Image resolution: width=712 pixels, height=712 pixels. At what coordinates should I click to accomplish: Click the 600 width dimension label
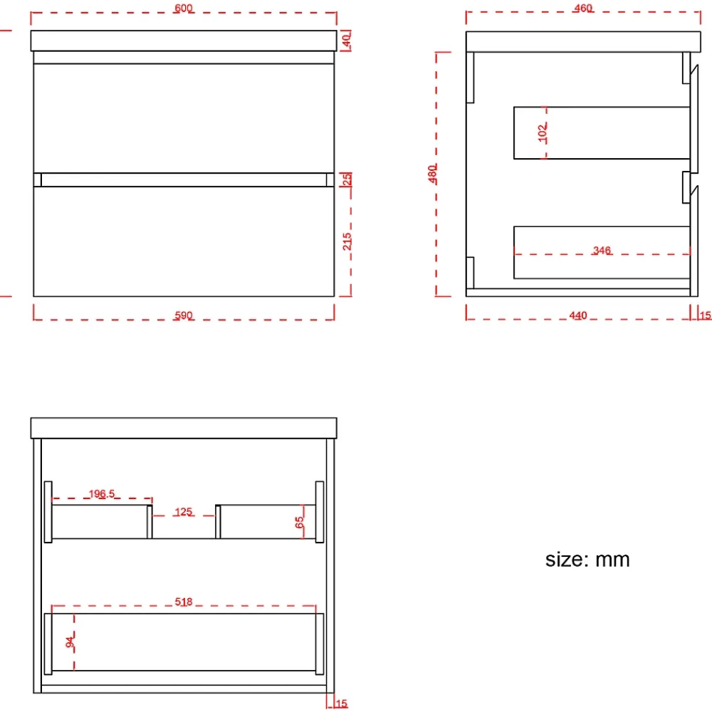[184, 8]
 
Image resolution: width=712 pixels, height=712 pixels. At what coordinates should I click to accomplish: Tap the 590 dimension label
[184, 315]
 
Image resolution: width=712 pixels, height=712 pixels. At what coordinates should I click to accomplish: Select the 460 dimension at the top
[583, 8]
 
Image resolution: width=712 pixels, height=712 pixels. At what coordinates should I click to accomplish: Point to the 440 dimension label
[578, 315]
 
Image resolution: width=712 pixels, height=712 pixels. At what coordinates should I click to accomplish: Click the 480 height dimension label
[432, 174]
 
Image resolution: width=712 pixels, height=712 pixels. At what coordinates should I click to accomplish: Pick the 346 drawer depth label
[602, 250]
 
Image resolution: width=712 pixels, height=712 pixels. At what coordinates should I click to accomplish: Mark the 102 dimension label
[542, 133]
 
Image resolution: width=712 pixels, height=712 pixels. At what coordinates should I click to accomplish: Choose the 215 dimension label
[347, 241]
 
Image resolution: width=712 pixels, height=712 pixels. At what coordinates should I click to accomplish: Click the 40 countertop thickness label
[346, 41]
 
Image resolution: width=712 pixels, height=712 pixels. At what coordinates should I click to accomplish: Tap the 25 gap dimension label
[347, 179]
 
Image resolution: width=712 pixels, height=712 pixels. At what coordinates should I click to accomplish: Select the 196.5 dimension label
[102, 493]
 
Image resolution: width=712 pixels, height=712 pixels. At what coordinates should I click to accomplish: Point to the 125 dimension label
[184, 512]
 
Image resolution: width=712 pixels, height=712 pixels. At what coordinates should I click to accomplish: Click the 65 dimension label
[299, 522]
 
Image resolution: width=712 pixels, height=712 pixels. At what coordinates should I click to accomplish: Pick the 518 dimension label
[184, 602]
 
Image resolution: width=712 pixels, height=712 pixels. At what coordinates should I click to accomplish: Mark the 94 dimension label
[70, 642]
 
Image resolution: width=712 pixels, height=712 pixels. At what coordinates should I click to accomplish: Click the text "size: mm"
[587, 560]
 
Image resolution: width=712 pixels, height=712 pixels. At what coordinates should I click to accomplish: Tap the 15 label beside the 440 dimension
[706, 315]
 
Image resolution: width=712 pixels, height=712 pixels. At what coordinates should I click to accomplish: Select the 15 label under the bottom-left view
[342, 703]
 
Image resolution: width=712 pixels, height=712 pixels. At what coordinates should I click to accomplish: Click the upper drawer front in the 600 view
[184, 118]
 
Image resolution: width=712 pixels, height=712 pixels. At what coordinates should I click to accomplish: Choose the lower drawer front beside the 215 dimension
[184, 241]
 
